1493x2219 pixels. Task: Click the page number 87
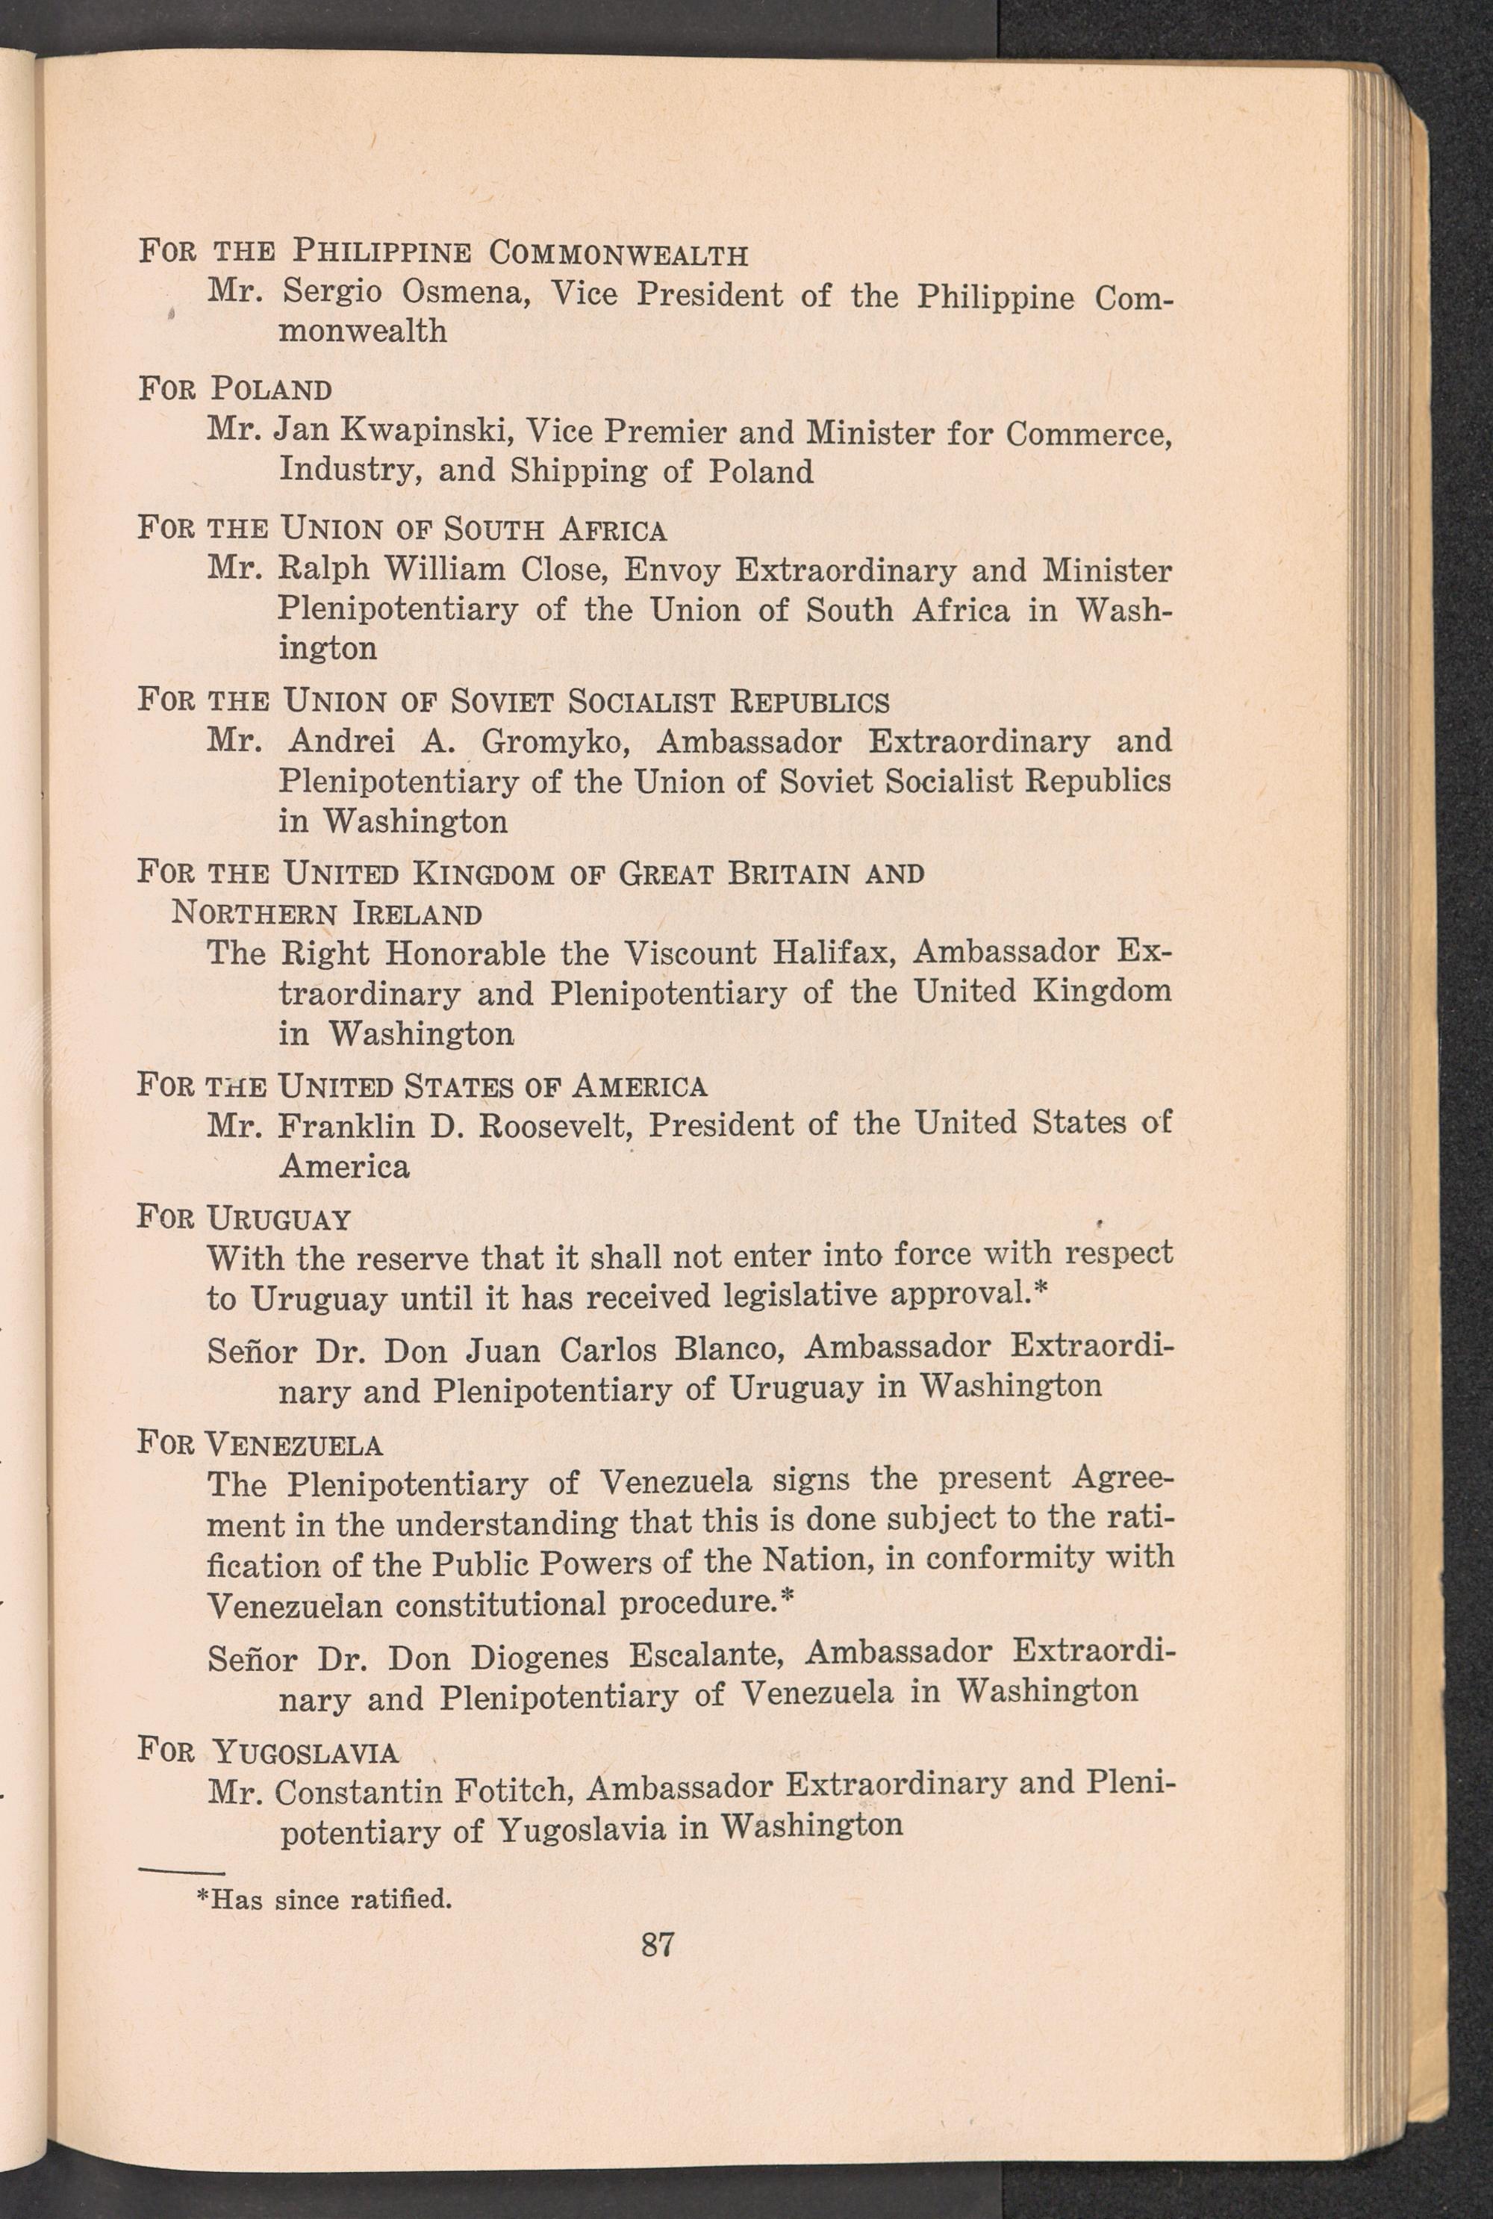[x=658, y=1942]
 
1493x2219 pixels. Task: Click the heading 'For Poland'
[x=235, y=390]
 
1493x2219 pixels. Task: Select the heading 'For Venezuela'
[x=260, y=1445]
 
